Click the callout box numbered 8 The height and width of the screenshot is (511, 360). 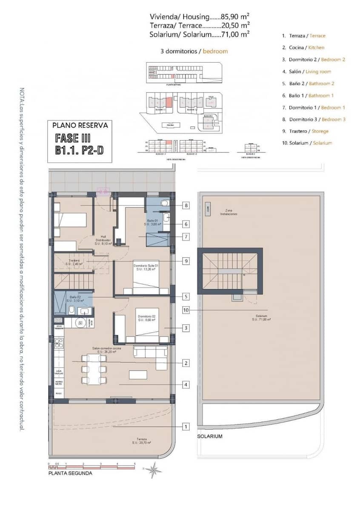tap(186, 205)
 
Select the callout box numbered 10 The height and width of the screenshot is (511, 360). tap(186, 310)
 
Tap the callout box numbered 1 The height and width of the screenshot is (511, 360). tap(186, 426)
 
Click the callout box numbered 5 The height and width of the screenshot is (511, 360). tap(186, 296)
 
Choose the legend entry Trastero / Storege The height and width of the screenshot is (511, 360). tap(305, 131)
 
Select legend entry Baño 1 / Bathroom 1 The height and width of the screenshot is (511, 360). tap(308, 95)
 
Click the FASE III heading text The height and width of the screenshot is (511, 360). tap(73, 138)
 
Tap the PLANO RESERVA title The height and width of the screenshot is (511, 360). tap(80, 126)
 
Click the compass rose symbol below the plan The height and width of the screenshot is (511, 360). tap(153, 470)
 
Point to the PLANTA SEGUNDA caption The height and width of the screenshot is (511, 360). tap(70, 473)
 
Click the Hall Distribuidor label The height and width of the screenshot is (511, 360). tap(103, 239)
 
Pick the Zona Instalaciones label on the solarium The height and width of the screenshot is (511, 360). tap(229, 212)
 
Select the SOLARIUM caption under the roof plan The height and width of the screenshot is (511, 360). tap(210, 436)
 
